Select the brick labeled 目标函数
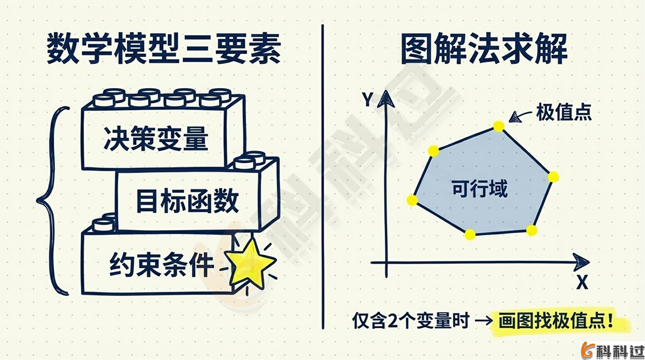point(187,202)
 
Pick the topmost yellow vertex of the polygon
point(499,126)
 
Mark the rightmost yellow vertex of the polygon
point(553,176)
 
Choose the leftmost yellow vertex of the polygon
point(412,200)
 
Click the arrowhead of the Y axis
point(384,98)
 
